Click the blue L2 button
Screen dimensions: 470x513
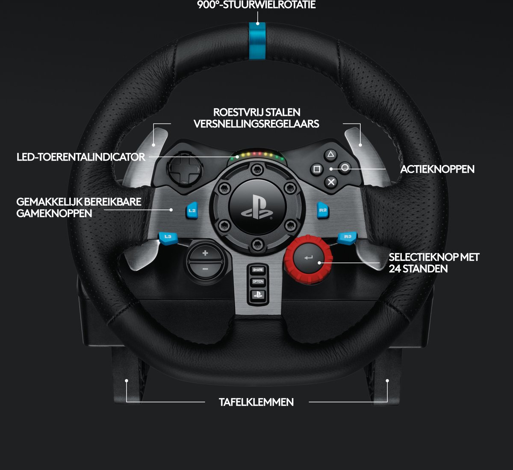(192, 210)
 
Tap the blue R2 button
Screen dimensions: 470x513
(323, 210)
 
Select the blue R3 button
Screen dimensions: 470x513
(347, 236)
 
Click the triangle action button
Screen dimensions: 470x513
(331, 155)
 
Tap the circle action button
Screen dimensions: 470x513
(345, 168)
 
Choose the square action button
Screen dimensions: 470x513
(317, 169)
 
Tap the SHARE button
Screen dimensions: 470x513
(258, 270)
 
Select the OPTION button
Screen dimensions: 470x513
(258, 281)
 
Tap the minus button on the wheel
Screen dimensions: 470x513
(205, 269)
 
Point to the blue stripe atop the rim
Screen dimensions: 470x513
(257, 41)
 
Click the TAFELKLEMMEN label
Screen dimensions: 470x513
(256, 402)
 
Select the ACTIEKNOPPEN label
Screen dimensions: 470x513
(437, 169)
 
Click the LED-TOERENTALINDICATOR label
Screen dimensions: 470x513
(81, 157)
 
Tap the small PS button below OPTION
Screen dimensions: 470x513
(258, 294)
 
